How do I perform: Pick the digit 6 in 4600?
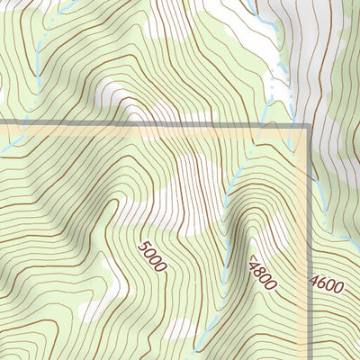tap(322, 285)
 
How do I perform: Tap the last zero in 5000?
tap(161, 267)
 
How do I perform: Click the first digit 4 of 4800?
tap(253, 262)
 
